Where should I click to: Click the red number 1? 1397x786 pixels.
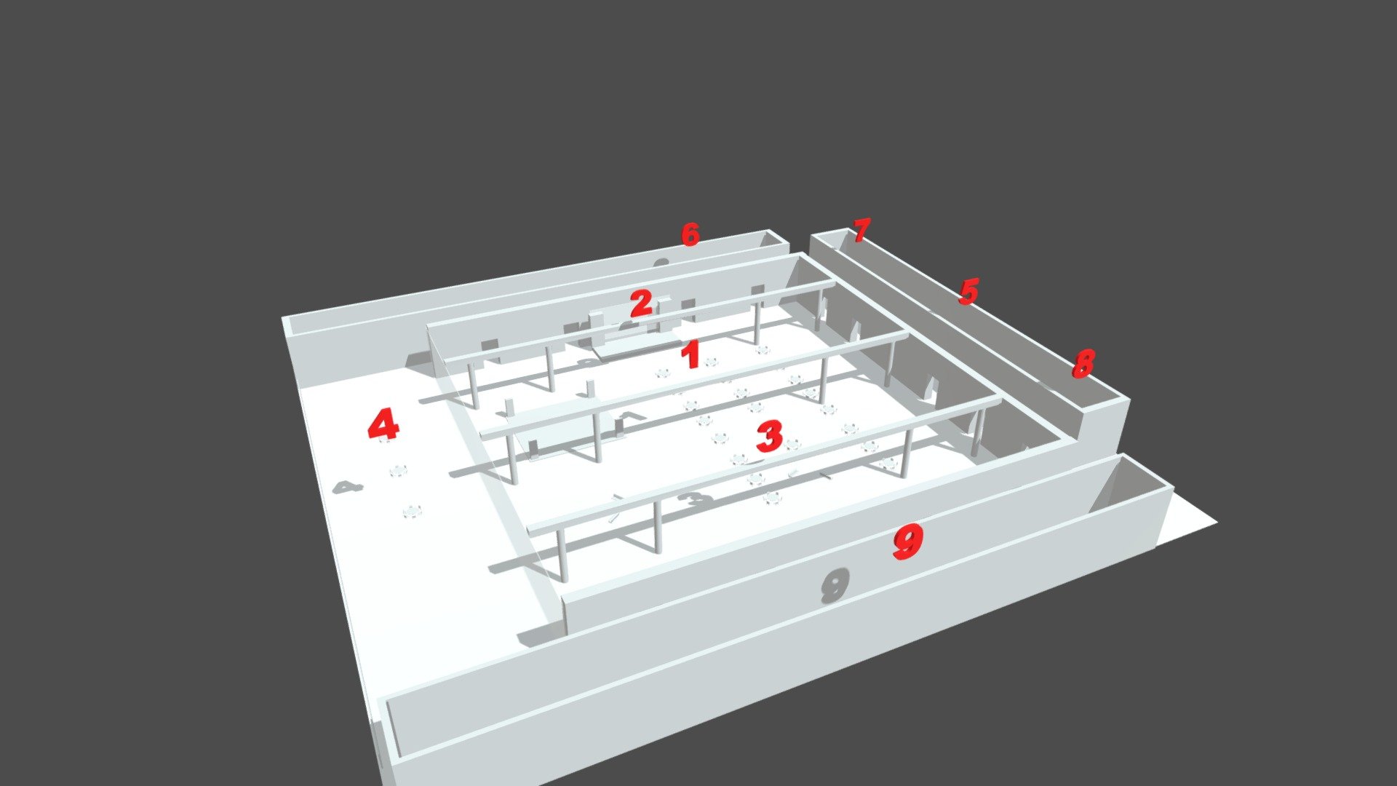690,355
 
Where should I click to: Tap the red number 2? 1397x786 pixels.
641,303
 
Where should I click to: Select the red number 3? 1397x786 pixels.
769,436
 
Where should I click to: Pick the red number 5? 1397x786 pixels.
968,291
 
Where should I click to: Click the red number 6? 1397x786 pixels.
690,234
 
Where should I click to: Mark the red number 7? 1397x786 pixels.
861,231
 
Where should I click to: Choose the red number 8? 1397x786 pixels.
1083,363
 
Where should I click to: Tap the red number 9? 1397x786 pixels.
908,543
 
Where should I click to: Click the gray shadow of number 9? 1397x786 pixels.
835,586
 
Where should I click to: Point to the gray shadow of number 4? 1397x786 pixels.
348,487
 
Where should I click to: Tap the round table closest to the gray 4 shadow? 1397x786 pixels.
397,472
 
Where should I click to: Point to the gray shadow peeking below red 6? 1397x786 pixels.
661,263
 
